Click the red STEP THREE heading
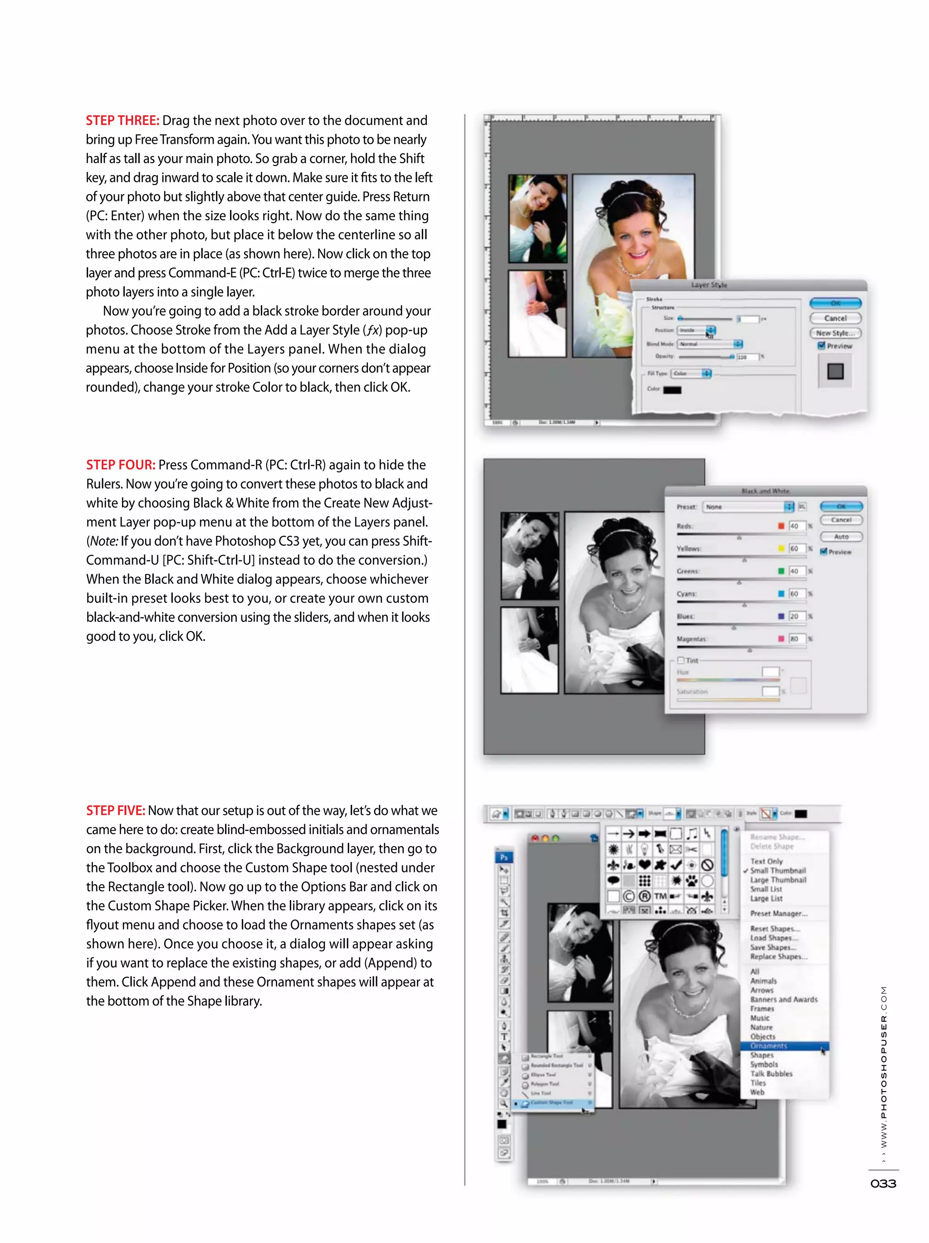click(122, 121)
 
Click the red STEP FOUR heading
click(120, 465)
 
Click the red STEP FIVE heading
click(115, 811)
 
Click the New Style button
click(835, 333)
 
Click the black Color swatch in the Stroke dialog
click(672, 390)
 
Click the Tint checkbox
click(680, 661)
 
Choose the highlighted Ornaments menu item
click(768, 1046)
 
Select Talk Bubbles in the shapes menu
click(771, 1074)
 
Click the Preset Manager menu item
click(778, 914)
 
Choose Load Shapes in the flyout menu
click(773, 938)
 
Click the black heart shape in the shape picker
click(645, 865)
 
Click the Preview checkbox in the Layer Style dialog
click(821, 346)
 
